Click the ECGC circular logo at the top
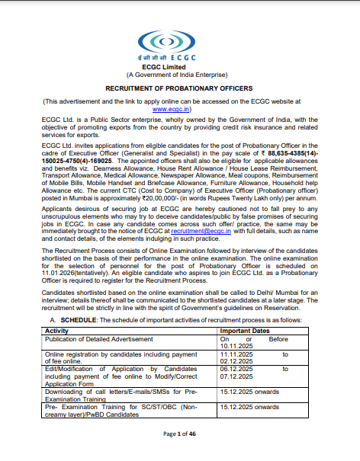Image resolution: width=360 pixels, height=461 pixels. (179, 39)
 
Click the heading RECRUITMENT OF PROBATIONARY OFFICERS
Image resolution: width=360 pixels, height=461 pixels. (179, 89)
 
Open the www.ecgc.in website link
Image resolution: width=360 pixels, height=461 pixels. (179, 109)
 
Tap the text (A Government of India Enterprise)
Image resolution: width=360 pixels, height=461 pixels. (179, 75)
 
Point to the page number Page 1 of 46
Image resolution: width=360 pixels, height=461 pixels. (179, 434)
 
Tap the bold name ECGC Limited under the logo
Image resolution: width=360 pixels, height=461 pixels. (179, 68)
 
